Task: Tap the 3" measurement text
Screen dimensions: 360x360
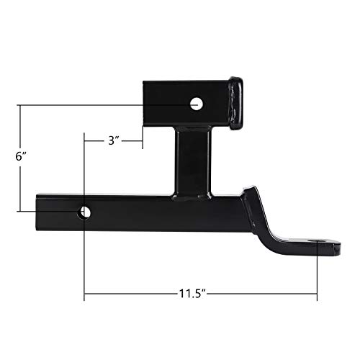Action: point(113,141)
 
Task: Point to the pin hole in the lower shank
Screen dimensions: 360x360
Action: point(85,212)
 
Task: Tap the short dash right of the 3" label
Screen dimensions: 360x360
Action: point(133,141)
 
